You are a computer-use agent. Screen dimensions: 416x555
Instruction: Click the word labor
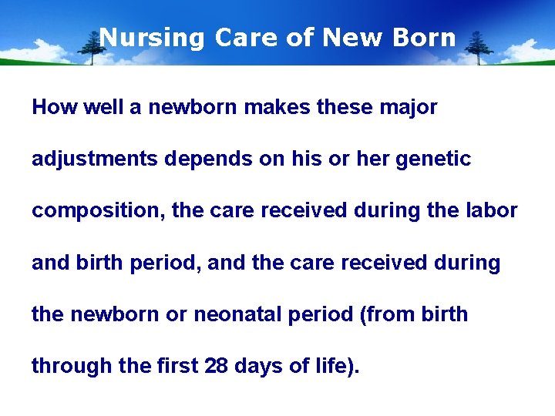click(493, 211)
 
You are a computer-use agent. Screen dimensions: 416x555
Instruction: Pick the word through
click(72, 367)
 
